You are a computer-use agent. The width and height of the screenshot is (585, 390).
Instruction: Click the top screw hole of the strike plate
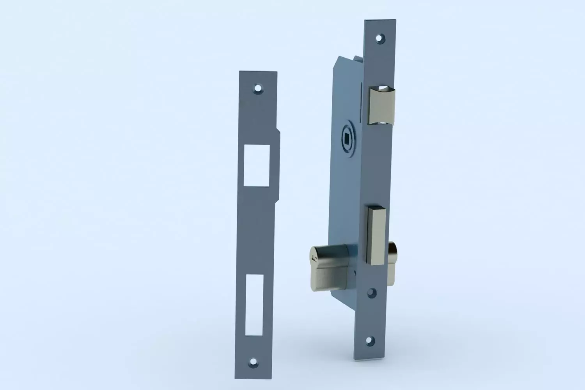pos(257,89)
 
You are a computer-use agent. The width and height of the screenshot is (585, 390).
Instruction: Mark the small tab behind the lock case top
pos(358,58)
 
